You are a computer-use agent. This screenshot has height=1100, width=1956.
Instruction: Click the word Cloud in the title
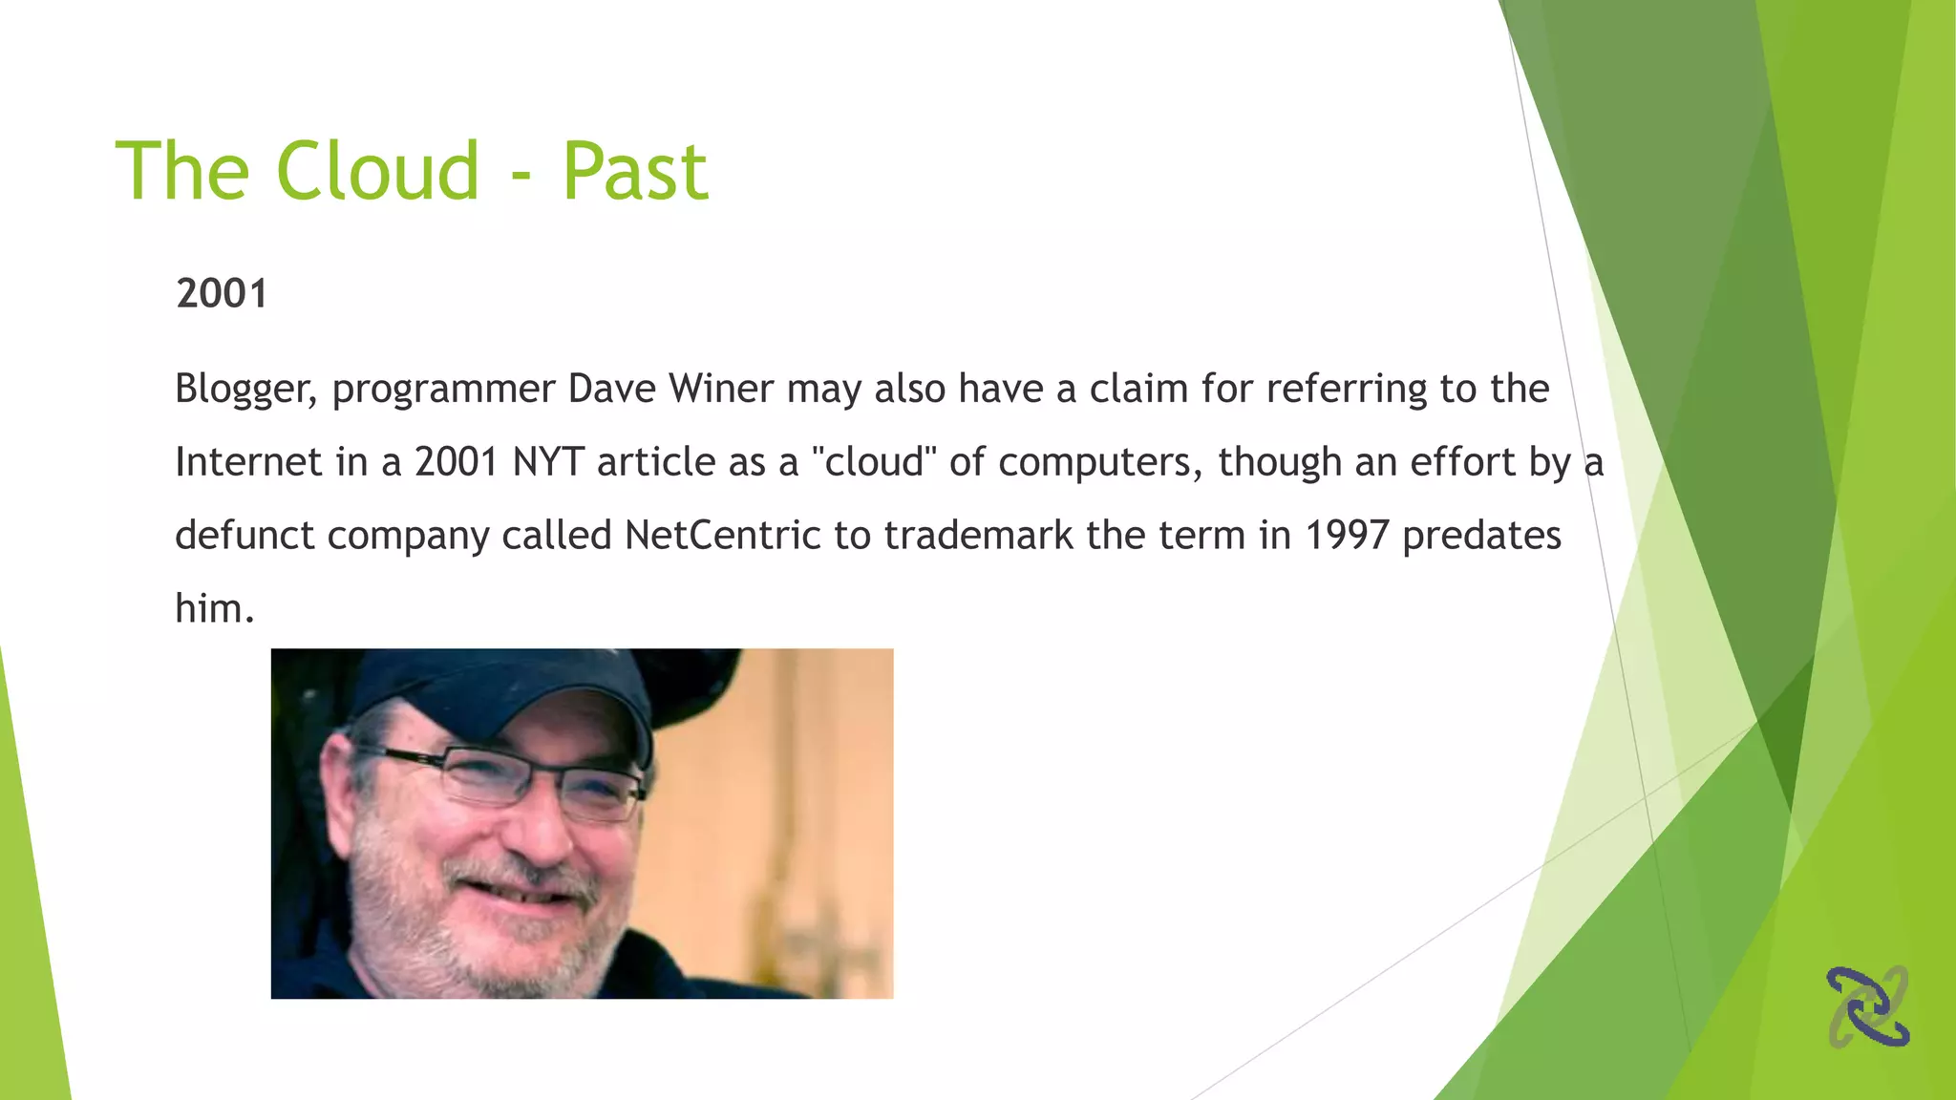click(x=377, y=171)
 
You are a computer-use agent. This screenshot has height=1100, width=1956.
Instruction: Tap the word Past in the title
click(x=635, y=173)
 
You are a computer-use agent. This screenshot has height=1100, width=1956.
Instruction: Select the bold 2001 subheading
click(x=222, y=293)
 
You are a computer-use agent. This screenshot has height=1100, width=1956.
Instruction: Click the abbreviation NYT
click(x=548, y=462)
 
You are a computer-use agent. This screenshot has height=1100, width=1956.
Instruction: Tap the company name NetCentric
click(x=723, y=536)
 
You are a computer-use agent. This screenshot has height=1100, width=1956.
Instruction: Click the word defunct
click(x=244, y=536)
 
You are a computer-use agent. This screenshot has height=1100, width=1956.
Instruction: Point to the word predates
click(x=1481, y=536)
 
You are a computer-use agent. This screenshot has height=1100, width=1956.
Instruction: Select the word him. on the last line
click(x=215, y=609)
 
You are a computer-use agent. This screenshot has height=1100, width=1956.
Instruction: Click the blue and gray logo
click(x=1868, y=1006)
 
